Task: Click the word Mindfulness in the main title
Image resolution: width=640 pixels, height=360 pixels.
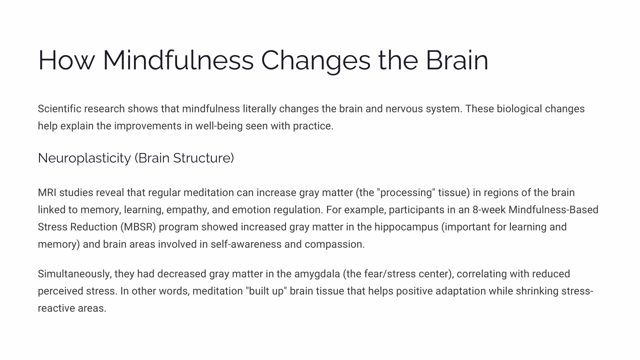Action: [178, 60]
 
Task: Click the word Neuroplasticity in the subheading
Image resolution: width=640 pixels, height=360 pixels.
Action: [84, 158]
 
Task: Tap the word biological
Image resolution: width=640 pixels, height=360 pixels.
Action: [519, 109]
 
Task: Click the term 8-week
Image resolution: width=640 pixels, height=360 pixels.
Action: [489, 210]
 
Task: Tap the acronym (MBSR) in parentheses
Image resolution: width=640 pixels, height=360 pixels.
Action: [138, 227]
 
